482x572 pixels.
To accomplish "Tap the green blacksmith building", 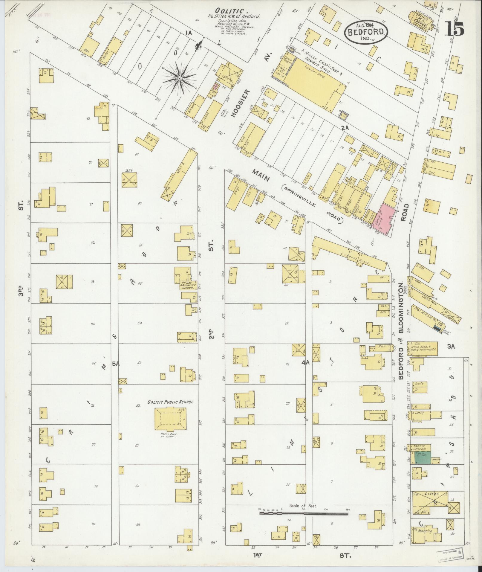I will coord(423,466).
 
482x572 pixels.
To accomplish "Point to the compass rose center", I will coord(180,78).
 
